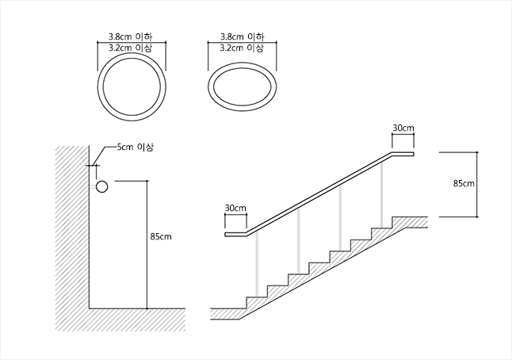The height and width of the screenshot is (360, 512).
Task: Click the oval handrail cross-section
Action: tap(243, 65)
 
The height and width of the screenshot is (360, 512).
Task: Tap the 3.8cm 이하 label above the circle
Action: tap(131, 36)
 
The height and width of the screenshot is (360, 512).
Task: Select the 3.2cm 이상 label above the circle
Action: tap(131, 48)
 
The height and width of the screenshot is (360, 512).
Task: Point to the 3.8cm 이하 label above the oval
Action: tap(242, 36)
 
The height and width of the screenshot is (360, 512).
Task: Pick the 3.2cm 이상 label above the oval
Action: tap(242, 48)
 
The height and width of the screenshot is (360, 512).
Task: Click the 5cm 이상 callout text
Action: tap(136, 147)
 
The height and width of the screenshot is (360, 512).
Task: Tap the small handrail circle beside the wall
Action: tap(102, 181)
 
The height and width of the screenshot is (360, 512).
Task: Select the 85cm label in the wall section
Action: tap(161, 236)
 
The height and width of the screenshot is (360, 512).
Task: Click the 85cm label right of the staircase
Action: tap(464, 184)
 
